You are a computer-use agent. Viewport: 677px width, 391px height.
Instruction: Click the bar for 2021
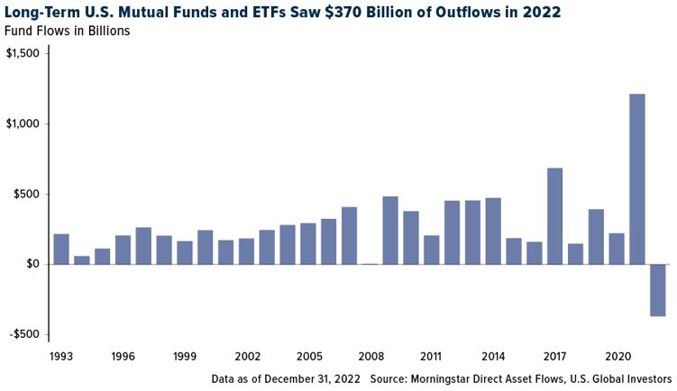click(637, 179)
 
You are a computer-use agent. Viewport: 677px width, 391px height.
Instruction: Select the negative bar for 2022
click(658, 290)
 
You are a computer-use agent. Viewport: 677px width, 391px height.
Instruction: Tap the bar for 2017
click(554, 216)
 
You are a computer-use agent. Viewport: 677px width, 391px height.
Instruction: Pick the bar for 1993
click(61, 249)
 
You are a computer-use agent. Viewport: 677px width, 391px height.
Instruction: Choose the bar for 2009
click(390, 231)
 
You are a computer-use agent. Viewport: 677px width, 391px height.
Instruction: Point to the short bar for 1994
click(82, 260)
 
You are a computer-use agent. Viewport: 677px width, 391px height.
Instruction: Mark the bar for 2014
click(493, 232)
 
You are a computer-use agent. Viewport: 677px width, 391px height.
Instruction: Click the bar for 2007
click(349, 236)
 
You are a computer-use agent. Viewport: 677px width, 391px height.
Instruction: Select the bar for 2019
click(596, 237)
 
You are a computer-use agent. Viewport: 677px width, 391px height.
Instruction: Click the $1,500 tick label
click(23, 53)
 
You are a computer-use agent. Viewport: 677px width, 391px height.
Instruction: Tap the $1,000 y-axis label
click(23, 123)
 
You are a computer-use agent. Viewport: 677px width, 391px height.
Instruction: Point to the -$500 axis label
click(25, 334)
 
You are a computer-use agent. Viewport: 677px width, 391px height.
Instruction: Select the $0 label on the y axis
click(32, 264)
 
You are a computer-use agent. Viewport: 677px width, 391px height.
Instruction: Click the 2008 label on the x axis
click(371, 357)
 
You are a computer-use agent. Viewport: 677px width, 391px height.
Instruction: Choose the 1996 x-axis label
click(124, 357)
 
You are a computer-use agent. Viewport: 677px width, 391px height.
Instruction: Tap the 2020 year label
click(618, 357)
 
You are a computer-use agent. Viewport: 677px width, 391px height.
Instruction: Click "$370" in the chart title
click(342, 12)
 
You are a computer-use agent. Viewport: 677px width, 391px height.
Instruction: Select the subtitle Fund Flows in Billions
click(67, 31)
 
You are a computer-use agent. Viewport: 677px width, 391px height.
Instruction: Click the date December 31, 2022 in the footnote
click(312, 379)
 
